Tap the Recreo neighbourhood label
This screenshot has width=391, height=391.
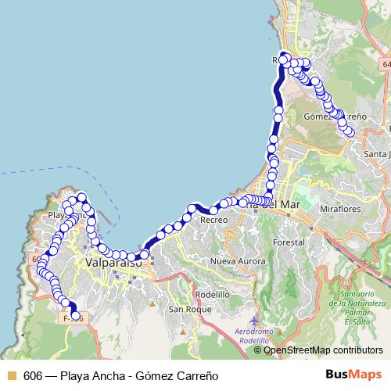tap(213, 221)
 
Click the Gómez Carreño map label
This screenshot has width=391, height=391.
tap(335, 116)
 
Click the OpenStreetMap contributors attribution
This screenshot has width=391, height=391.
tap(323, 350)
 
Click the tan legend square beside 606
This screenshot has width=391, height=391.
tap(10, 375)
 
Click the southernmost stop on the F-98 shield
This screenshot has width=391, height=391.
tap(76, 317)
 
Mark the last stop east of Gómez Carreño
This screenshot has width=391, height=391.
tap(350, 132)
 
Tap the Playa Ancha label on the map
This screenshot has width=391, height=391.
tap(66, 213)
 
